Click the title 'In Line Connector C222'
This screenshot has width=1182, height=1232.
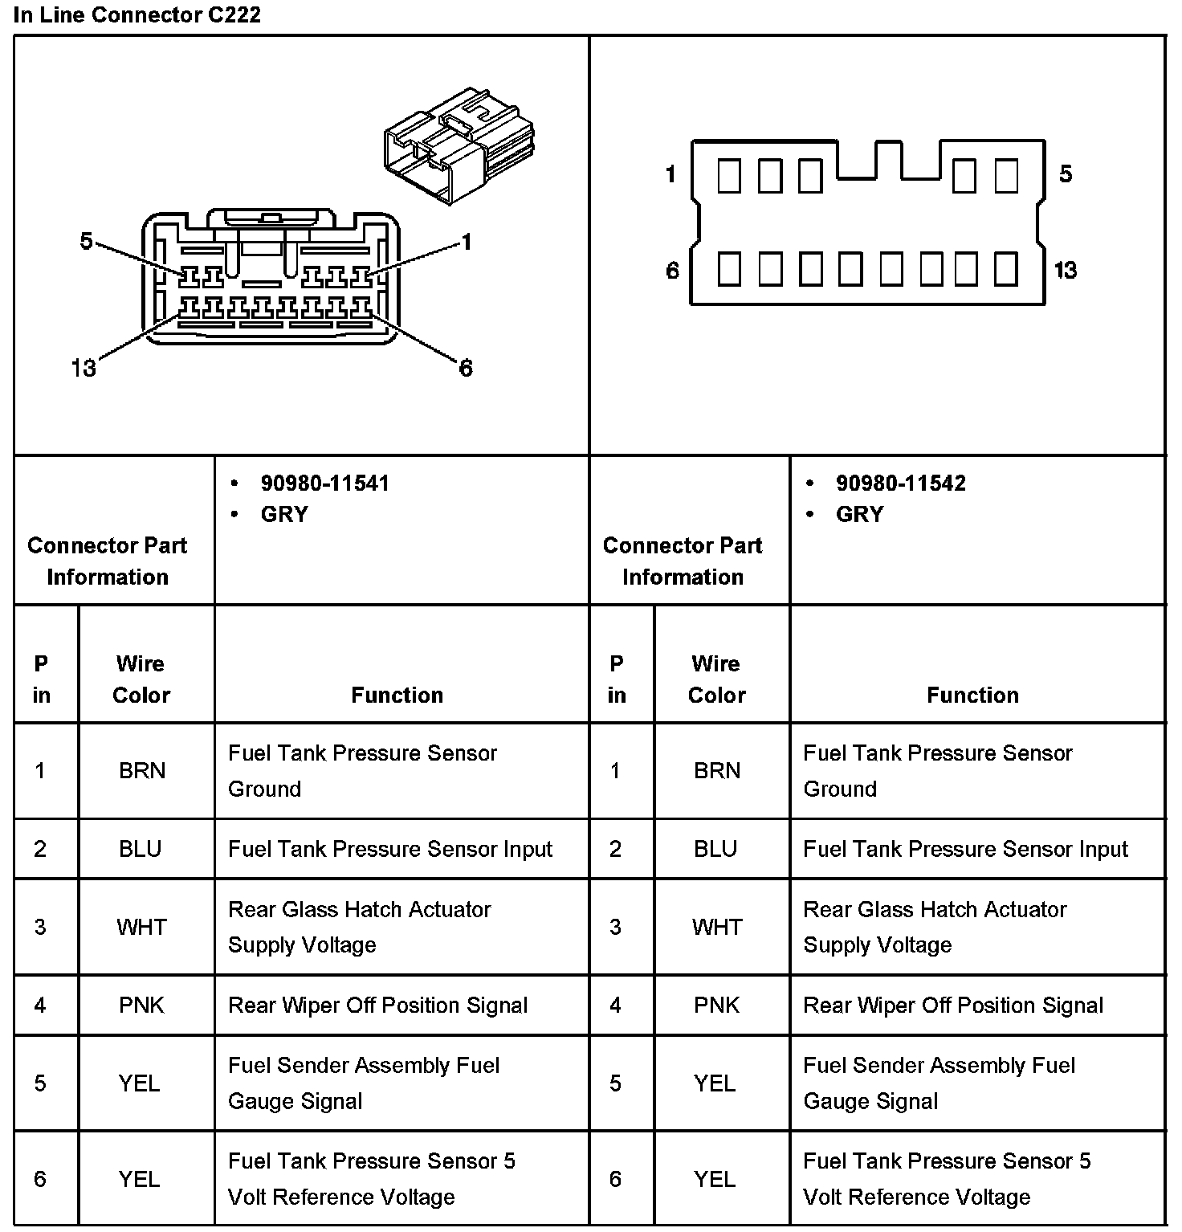(137, 15)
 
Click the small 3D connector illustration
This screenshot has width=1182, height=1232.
(459, 145)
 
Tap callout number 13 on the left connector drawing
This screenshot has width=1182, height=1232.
(84, 369)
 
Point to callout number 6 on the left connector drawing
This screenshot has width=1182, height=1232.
(466, 369)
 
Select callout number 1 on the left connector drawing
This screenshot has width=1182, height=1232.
(467, 242)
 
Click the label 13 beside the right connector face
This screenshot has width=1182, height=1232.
(1066, 271)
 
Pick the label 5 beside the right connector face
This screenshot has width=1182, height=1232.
(1066, 174)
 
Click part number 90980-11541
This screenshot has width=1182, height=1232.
(324, 483)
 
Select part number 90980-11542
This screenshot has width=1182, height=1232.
(900, 483)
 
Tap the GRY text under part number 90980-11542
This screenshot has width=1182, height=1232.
(859, 515)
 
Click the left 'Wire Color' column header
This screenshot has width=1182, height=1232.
(141, 679)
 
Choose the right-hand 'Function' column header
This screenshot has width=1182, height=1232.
(972, 696)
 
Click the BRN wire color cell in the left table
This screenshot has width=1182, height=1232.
(142, 771)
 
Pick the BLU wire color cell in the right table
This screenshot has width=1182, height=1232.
(715, 849)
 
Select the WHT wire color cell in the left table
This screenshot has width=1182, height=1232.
(142, 928)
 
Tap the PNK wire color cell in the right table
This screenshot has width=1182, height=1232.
(716, 1006)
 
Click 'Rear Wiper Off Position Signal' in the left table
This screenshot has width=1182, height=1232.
(378, 1006)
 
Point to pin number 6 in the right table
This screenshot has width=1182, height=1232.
(615, 1179)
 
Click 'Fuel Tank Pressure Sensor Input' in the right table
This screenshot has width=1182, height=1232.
(966, 849)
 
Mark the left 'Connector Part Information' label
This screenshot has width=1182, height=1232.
(108, 561)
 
